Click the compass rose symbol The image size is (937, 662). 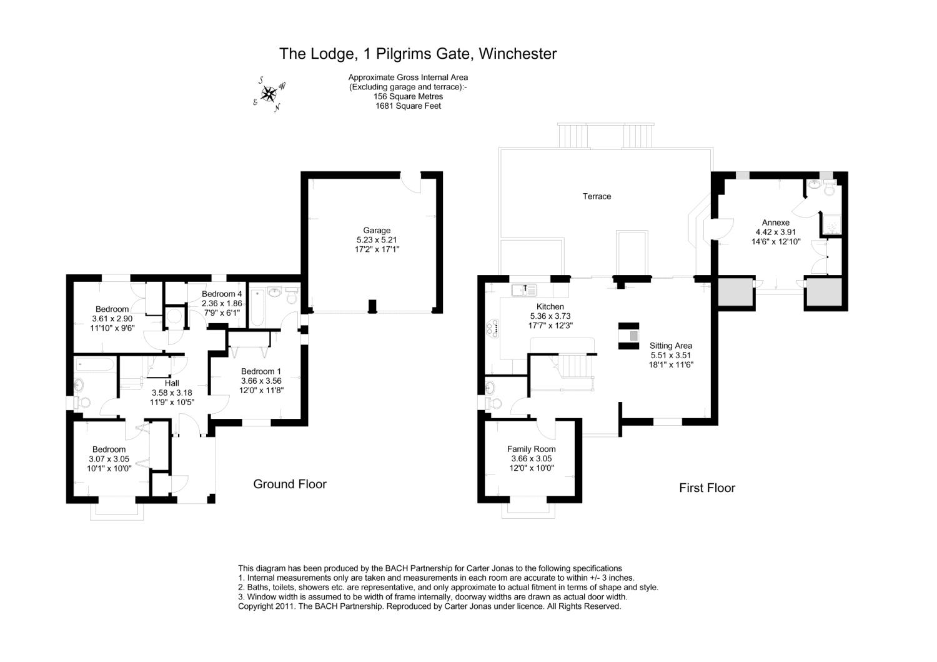(269, 94)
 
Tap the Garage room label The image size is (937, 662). (377, 230)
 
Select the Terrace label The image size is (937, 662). (597, 196)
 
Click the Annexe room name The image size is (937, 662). (775, 223)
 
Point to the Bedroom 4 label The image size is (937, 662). (222, 294)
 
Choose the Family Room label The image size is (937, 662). (531, 449)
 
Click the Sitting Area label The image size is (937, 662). (670, 346)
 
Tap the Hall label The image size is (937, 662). (172, 383)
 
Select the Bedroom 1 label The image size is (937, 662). (261, 371)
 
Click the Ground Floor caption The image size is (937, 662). (290, 484)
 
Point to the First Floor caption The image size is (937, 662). (707, 488)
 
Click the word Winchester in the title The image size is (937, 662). (518, 54)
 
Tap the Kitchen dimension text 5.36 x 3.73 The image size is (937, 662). (550, 316)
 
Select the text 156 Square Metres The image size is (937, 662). (408, 96)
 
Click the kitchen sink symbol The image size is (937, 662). (523, 290)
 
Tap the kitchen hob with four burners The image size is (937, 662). (493, 328)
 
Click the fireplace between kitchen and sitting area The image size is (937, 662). (629, 336)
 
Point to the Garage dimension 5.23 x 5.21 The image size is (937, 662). (377, 239)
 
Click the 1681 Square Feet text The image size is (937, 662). (408, 106)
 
